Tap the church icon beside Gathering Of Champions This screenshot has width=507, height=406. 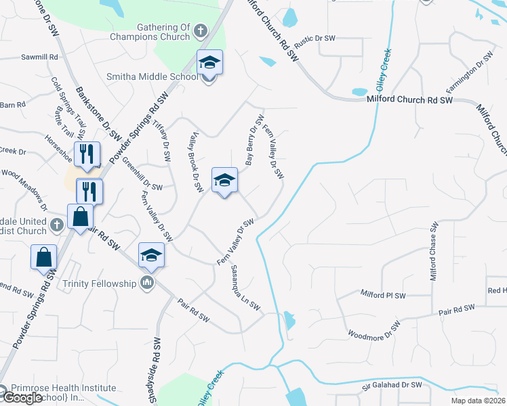tap(200, 30)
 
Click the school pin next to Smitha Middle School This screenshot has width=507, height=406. tap(209, 64)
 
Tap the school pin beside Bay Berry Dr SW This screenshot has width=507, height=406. tap(225, 181)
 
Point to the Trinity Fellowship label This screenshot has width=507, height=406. tap(99, 282)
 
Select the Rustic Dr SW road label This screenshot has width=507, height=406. tap(315, 39)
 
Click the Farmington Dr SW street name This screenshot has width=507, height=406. tap(468, 72)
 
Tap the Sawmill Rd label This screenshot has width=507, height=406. tap(39, 58)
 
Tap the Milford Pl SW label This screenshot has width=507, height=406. tap(383, 295)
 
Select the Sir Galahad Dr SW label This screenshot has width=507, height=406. tap(391, 384)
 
